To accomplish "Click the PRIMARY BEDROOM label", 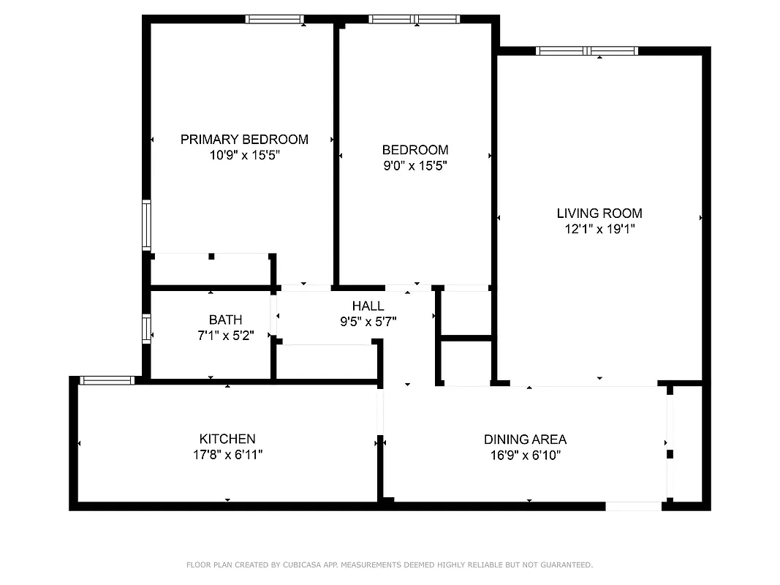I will (x=244, y=139).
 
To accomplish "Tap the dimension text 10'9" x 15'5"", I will (x=244, y=155).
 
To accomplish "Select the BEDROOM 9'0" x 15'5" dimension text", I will (x=414, y=166).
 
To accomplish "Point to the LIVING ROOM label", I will (x=599, y=214).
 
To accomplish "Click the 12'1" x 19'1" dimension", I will (x=599, y=229).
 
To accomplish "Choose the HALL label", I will (x=368, y=306).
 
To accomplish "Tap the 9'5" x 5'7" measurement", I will (x=368, y=321).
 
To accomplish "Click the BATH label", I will (x=225, y=320).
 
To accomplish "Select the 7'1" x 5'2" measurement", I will (x=225, y=336).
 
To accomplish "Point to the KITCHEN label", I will (x=227, y=439).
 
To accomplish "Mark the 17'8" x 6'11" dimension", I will (x=227, y=454).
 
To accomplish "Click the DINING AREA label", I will (x=525, y=439).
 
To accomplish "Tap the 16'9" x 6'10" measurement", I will (x=525, y=455).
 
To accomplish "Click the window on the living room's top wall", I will (x=587, y=51).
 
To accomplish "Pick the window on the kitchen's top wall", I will (x=107, y=380).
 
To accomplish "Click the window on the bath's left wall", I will (x=146, y=328).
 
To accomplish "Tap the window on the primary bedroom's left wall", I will (x=146, y=225).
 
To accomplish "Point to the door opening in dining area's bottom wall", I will (x=633, y=506).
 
